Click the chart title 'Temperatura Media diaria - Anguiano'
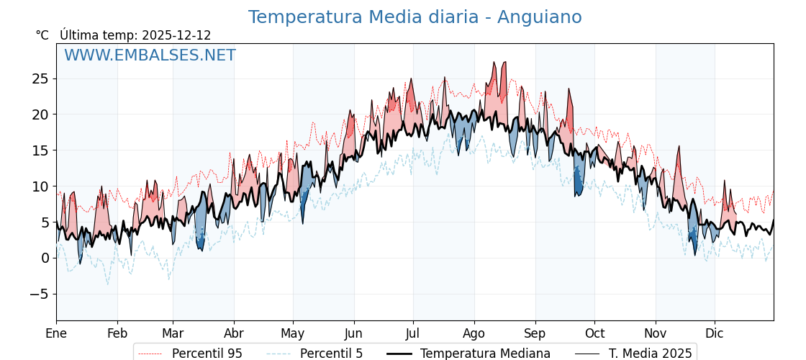pos(415,17)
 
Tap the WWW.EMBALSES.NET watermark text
pos(150,55)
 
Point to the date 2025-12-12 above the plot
pos(176,35)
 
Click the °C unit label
pos(42,35)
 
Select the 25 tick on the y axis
pos(40,78)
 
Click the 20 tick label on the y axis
pos(40,114)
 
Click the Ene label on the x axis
pos(56,333)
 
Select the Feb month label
pos(117,333)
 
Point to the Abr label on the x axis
pos(234,333)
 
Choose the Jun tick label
pos(353,333)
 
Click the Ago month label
pos(474,333)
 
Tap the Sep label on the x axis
pos(535,333)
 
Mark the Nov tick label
pos(656,333)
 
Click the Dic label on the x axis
pos(715,333)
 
